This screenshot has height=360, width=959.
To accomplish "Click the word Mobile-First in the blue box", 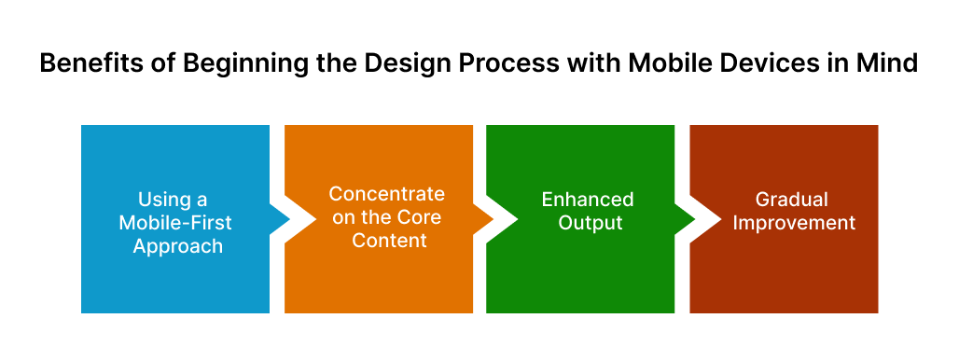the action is tap(175, 223).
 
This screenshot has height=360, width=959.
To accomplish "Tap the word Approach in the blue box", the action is tap(178, 246).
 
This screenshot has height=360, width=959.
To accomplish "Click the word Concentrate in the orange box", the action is tap(386, 194).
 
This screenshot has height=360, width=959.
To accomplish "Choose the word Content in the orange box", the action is tap(390, 241).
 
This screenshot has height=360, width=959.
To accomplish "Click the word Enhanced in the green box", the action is tap(588, 200).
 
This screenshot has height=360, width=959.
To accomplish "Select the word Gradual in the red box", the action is tap(791, 200).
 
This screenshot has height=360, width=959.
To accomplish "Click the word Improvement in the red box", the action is tap(794, 223).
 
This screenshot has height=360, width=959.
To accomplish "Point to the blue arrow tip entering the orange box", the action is tap(290, 219).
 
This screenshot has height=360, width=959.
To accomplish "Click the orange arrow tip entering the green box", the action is tap(493, 219).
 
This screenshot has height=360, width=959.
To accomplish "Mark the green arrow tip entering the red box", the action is tap(695, 219).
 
